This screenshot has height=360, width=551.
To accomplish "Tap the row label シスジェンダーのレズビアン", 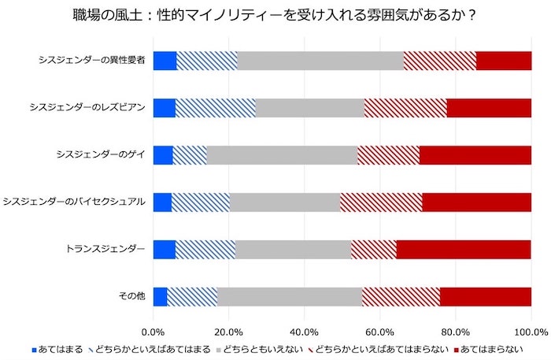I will pos(87,108).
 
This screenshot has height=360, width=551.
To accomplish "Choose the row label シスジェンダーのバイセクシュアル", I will pos(75,202).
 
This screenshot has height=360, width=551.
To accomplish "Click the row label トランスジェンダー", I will pos(105,250).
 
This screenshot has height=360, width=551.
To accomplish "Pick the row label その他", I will pos(131,297).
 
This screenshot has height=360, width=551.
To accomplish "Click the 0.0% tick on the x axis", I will pos(153,331).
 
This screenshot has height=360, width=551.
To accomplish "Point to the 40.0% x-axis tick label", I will pos(304,331).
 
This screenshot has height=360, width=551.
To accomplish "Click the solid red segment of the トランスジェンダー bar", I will pos(463,250).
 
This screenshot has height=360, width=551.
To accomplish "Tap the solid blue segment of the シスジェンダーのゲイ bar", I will pos(162,155).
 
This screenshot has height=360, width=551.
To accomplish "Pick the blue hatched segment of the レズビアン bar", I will pos(216,108).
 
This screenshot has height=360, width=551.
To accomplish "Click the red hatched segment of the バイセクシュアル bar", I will pos(381,202).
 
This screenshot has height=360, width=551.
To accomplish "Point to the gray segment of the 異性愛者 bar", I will pos(320,61).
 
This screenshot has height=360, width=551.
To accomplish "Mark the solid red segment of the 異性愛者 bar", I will pos(503,61).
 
